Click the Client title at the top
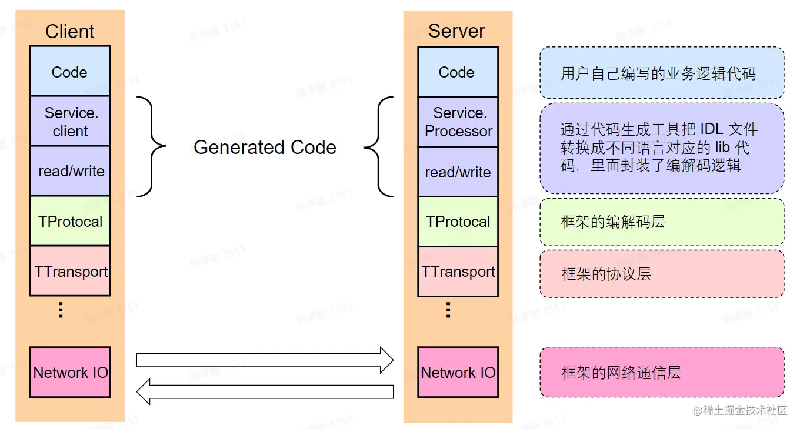[x=70, y=31]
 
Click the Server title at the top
[x=456, y=31]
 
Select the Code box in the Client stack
[x=70, y=72]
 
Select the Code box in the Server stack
[x=457, y=72]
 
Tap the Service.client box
[x=70, y=122]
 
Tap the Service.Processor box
[x=458, y=122]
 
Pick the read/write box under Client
[x=70, y=171]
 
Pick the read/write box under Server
[x=458, y=172]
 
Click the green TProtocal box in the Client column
[x=70, y=222]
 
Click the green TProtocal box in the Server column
[x=458, y=222]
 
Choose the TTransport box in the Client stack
[x=70, y=271]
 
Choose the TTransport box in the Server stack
[x=458, y=272]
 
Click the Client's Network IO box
[x=70, y=372]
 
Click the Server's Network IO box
[x=458, y=372]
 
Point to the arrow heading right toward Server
[x=265, y=360]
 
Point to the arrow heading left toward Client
[x=265, y=391]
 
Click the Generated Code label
[x=265, y=147]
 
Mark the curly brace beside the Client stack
[x=151, y=146]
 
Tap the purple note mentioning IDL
[x=662, y=148]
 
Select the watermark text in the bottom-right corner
[x=739, y=410]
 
